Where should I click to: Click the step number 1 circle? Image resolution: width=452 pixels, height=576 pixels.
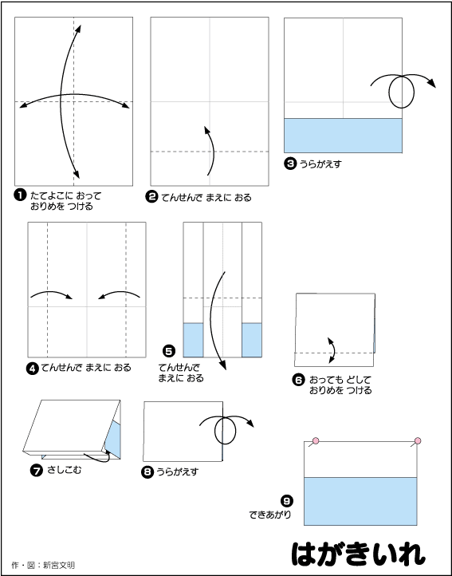(x=20, y=195)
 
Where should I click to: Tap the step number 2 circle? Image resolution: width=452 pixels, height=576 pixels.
(x=151, y=197)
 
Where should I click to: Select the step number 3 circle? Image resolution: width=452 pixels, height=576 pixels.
(x=289, y=164)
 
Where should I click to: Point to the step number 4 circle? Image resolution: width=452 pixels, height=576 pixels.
(x=32, y=368)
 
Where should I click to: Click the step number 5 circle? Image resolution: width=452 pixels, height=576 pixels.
(x=168, y=352)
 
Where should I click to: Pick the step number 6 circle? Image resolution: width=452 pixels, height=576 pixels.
(x=298, y=380)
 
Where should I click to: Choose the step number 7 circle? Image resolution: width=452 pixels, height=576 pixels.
(x=37, y=471)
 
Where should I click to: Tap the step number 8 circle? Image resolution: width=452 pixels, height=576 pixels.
(x=147, y=472)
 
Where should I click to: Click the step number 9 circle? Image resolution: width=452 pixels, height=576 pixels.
(x=287, y=501)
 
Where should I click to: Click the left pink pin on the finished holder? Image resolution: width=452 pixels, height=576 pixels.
(x=316, y=441)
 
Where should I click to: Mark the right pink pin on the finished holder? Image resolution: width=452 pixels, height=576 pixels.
(x=418, y=441)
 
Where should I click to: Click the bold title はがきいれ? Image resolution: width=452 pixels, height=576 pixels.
(x=359, y=554)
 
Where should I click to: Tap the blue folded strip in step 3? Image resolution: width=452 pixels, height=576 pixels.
(x=343, y=135)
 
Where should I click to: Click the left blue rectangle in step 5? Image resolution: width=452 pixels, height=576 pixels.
(x=193, y=340)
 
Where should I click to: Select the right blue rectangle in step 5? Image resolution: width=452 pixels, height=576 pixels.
(x=252, y=340)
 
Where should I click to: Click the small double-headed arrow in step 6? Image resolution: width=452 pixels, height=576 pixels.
(x=332, y=350)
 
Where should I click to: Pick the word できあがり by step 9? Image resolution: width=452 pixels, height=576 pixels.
(x=270, y=515)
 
